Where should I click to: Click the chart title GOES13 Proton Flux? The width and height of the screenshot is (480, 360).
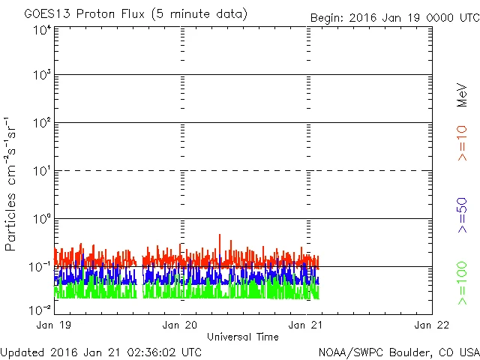tap(136, 14)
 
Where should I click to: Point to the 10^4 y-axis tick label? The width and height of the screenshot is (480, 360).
tap(41, 30)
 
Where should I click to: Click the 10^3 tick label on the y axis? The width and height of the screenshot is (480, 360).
tap(41, 76)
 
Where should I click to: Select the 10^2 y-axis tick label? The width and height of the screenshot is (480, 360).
tap(41, 124)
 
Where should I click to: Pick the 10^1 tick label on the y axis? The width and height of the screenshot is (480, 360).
tap(41, 172)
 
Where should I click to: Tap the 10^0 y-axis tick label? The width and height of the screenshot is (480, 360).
tap(41, 220)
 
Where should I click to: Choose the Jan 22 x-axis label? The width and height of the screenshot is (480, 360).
tap(431, 325)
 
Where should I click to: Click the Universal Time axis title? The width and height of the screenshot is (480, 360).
tap(242, 337)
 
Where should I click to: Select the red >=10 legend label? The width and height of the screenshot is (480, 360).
tap(462, 143)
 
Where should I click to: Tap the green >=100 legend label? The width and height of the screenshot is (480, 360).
tap(462, 283)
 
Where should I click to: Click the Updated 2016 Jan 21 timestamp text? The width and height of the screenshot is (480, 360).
tap(101, 351)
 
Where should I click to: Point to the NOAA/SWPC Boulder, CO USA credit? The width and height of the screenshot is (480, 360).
tap(398, 351)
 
